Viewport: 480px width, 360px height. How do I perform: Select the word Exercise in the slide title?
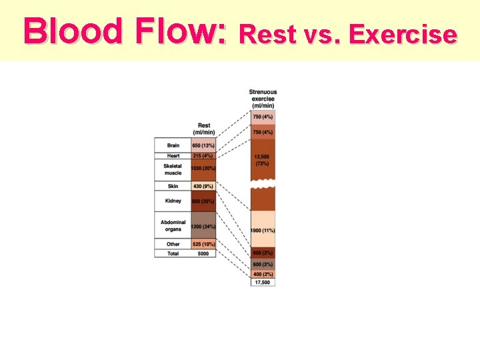coord(403,33)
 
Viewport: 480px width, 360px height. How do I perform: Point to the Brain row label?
coord(173,145)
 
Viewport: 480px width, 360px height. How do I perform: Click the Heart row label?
coord(173,155)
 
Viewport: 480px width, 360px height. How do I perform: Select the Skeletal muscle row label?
coord(173,169)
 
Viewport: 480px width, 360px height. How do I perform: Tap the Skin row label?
coord(173,185)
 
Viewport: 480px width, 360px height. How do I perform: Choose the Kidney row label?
coord(173,201)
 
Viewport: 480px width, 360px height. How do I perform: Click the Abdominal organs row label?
coord(173,226)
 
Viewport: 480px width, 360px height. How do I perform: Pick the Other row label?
coord(173,244)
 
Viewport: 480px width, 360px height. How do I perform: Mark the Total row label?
coord(173,253)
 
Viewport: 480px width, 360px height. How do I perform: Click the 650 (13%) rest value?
coord(203,145)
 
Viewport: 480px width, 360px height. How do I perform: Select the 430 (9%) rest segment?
coord(203,185)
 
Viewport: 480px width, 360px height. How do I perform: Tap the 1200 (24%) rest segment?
coord(203,227)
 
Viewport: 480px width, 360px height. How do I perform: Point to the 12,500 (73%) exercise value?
coord(262,159)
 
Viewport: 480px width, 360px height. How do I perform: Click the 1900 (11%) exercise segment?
coord(263,230)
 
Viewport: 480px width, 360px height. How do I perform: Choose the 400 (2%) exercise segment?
coord(263,274)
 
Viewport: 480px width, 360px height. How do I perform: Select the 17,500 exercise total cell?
coord(263,282)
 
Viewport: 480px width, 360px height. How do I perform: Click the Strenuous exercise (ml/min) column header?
coord(263,99)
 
